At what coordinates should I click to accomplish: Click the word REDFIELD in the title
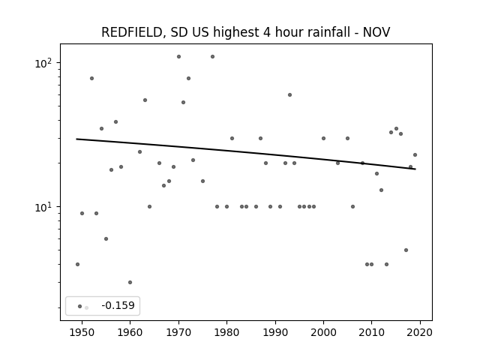pos(132,32)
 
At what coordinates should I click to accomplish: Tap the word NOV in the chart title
pos(376,32)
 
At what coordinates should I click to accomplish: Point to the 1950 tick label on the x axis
pos(82,332)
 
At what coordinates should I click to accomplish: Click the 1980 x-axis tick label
pos(226,332)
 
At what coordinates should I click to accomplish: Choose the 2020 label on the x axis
pos(420,332)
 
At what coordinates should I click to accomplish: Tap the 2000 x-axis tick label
pos(323,332)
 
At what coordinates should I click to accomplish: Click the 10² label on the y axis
pos(43,63)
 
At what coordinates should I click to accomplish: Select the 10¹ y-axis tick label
pos(43,207)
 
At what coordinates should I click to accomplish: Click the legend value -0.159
pos(118,305)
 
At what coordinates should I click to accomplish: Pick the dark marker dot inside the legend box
pos(80,306)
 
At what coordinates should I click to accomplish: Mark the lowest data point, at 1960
pos(130,282)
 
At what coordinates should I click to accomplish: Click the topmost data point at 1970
pos(178,57)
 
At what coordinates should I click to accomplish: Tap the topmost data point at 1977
pos(212,57)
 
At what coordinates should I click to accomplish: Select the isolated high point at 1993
pos(290,95)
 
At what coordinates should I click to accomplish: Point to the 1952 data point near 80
pos(91,78)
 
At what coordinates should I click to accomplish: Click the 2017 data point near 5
pos(406,250)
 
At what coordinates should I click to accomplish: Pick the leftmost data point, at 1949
pos(77,264)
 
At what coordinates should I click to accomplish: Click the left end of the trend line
pos(76,139)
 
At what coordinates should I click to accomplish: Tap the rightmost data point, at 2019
pos(415,155)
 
